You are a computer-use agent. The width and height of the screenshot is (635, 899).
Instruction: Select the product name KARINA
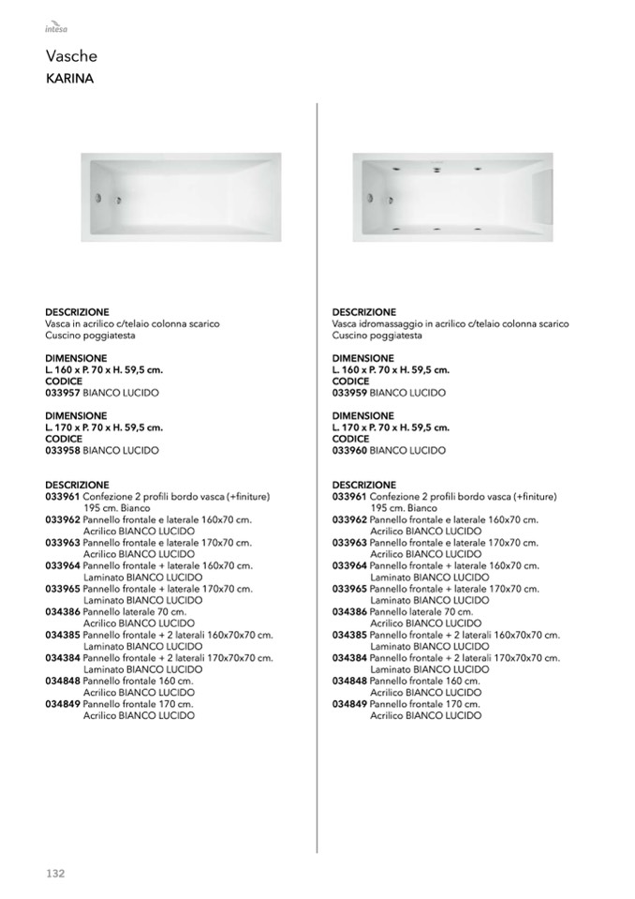69,79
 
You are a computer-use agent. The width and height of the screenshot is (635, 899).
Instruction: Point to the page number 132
55,873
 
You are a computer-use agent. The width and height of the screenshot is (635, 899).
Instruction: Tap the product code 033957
63,393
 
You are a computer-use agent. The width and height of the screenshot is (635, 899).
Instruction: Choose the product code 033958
63,450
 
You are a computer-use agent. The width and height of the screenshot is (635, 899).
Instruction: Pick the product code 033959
349,393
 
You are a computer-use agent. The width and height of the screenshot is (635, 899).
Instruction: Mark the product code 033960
349,450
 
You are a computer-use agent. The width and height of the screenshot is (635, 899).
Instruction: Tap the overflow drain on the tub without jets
98,199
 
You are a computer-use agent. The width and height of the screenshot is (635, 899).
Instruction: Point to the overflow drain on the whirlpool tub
370,198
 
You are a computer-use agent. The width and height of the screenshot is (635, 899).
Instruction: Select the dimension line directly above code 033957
104,369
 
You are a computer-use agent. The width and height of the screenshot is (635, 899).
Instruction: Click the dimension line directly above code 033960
391,427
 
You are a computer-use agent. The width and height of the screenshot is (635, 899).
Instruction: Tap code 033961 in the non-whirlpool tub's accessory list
63,496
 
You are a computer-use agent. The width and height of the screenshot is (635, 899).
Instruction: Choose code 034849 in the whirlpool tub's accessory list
349,703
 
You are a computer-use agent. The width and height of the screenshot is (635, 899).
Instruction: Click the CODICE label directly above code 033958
64,439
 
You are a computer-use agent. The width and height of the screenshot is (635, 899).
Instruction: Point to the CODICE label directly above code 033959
350,382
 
